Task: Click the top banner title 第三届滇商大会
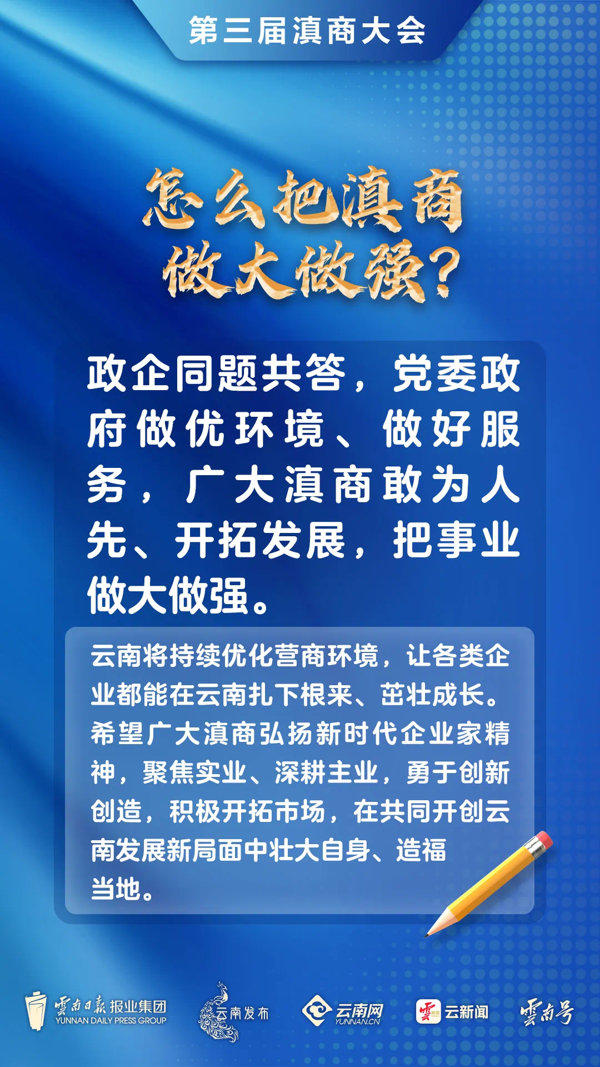(307, 30)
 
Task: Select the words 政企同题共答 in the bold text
(217, 373)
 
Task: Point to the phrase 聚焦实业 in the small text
(194, 772)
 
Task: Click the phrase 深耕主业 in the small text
(326, 772)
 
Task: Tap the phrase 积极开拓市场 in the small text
(247, 811)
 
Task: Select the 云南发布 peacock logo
(233, 1012)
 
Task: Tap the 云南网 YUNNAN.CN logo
(342, 1012)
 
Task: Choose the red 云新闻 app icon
(428, 1011)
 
